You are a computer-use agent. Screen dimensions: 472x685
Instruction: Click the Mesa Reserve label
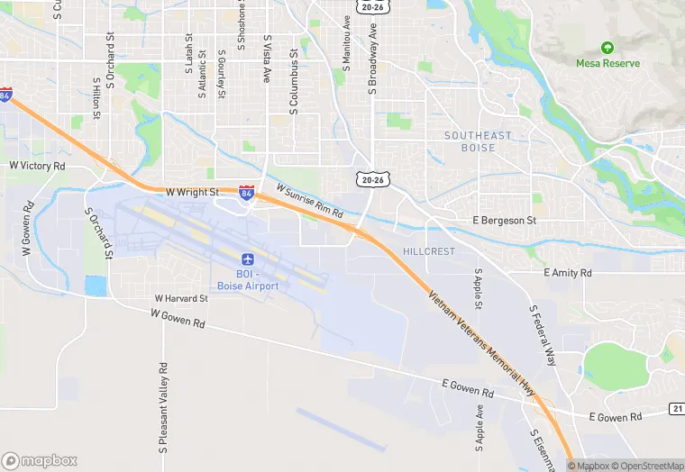click(x=607, y=64)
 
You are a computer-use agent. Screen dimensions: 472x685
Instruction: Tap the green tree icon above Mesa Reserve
click(x=607, y=47)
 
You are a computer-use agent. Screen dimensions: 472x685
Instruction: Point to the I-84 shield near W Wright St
click(x=246, y=192)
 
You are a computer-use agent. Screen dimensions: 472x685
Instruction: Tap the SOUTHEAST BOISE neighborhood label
click(x=478, y=141)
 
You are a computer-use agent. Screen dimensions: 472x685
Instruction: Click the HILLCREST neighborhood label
click(x=429, y=251)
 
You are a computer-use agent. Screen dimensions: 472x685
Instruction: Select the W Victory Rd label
click(x=37, y=167)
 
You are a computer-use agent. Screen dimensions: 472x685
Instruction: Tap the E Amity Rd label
click(x=568, y=272)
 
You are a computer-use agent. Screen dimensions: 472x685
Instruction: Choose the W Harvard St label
click(x=181, y=298)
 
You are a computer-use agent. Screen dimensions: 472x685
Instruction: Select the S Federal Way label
click(x=543, y=335)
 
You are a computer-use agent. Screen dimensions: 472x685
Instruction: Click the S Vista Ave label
click(x=267, y=59)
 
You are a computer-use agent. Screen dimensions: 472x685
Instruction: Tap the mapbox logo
click(x=40, y=460)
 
